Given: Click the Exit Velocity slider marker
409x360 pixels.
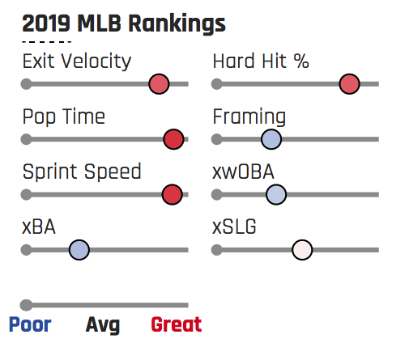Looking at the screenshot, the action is (159, 84).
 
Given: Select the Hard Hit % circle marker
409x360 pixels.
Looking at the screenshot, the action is (350, 84).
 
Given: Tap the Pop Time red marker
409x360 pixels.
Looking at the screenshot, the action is (173, 139).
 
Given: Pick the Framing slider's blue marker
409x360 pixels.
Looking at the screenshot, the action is (271, 139).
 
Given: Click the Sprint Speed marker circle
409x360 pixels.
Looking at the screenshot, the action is (173, 194).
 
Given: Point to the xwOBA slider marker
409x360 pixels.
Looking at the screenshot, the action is (276, 194).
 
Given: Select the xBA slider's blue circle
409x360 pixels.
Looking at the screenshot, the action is (79, 250).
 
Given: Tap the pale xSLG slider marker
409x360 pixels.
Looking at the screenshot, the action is (302, 250).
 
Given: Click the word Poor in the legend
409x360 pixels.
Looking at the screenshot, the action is (30, 324).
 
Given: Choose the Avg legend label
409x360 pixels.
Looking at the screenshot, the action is (103, 325).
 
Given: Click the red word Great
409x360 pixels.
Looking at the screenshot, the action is (177, 324).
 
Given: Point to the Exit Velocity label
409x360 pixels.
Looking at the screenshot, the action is (77, 61).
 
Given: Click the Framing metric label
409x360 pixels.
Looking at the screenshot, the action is (249, 116).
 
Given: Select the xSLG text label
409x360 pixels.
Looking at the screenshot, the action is (234, 227).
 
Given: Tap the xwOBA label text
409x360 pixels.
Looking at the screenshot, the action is (243, 172).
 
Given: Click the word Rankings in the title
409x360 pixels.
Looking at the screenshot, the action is (177, 24).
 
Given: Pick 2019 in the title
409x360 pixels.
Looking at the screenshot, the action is (46, 23).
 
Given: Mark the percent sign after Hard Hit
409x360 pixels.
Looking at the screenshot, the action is (301, 61).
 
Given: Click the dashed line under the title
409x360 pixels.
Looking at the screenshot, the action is (46, 42).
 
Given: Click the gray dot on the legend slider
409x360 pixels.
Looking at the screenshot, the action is (26, 305).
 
